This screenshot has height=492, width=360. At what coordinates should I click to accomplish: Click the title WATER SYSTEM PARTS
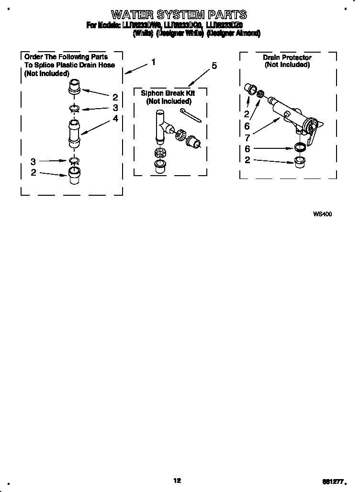point(180,14)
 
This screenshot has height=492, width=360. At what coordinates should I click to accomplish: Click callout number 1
point(153,62)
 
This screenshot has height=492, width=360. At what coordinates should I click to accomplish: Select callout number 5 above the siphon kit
point(214,66)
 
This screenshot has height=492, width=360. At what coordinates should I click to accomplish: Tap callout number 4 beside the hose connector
point(115,118)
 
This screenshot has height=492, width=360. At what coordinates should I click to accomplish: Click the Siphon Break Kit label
point(168,93)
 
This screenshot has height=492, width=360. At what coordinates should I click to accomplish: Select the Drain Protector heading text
point(287,57)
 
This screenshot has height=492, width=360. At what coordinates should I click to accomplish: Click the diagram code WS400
point(322,214)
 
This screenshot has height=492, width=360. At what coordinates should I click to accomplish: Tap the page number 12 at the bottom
point(177,481)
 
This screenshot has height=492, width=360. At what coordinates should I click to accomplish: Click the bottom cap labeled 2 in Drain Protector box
point(300,160)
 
